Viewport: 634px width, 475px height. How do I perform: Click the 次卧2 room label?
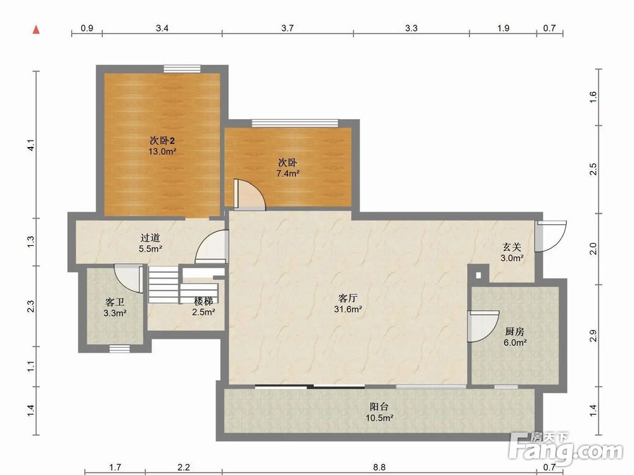tap(162, 141)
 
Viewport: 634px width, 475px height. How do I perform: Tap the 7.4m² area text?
tap(287, 174)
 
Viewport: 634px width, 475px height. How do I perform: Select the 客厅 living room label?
tap(347, 298)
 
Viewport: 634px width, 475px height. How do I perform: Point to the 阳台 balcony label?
tap(379, 407)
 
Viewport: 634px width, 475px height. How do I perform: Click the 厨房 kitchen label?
tap(515, 332)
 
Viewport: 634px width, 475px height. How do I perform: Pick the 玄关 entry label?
tap(512, 247)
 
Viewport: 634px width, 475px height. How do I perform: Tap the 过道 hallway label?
tap(150, 238)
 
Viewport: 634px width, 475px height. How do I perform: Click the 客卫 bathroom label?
tap(115, 302)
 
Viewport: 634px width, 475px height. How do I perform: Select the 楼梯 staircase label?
tap(204, 301)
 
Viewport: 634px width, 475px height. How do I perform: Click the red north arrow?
tap(36, 30)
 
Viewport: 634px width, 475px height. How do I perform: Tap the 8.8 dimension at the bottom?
tap(379, 467)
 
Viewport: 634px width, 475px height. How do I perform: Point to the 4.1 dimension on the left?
tap(30, 146)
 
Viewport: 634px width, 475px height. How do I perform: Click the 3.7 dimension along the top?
tap(287, 28)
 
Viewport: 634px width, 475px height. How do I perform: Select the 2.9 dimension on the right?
tap(593, 336)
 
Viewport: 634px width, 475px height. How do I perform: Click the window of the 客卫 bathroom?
tap(120, 348)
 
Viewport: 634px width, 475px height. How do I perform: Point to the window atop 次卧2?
tap(183, 68)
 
